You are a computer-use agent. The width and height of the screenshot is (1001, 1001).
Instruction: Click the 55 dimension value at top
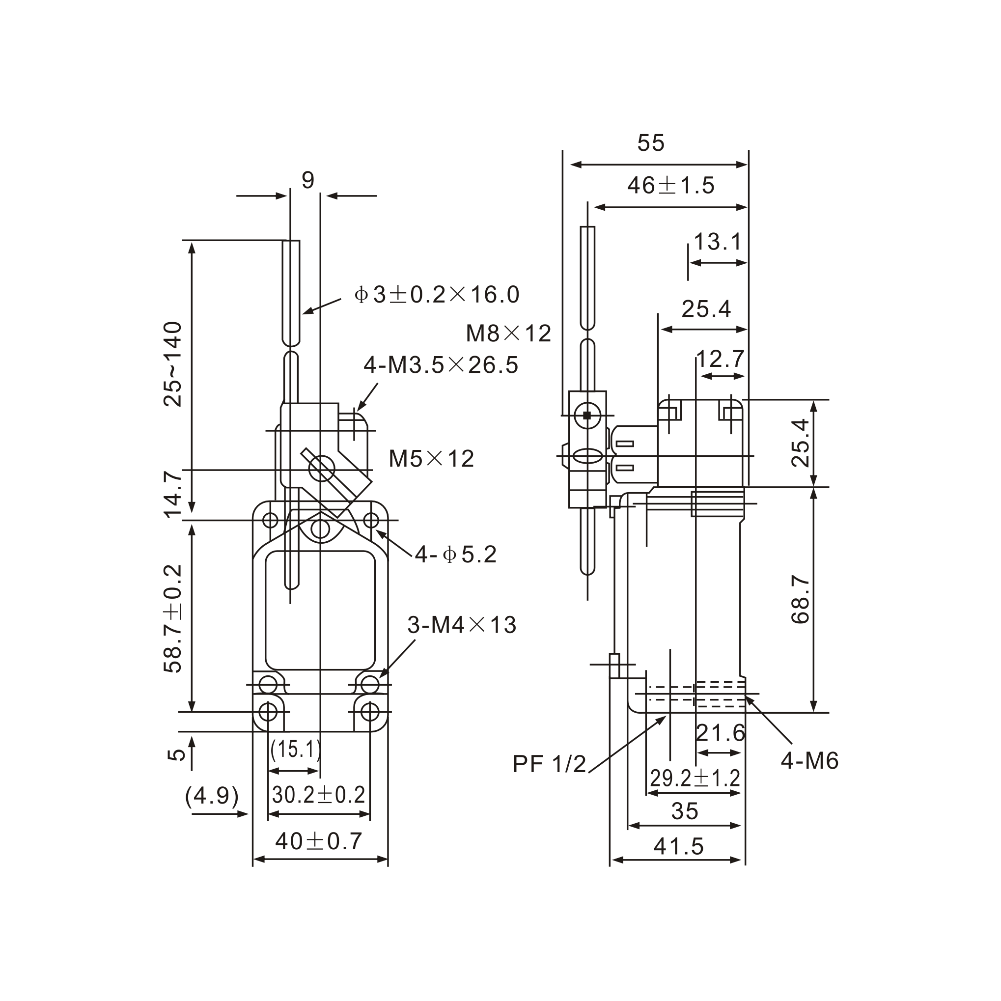650,143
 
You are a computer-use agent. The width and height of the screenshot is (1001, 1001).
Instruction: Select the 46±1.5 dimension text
670,186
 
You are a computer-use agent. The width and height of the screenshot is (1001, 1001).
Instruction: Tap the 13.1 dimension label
718,242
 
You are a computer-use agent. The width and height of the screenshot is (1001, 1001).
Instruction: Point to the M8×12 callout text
508,334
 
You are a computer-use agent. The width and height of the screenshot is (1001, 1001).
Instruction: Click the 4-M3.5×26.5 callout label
441,365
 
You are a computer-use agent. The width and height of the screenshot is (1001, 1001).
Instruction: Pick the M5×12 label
431,459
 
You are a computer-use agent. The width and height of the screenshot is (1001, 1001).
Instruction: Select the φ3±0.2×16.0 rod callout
436,295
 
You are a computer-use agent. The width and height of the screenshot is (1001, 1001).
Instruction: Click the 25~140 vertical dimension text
173,364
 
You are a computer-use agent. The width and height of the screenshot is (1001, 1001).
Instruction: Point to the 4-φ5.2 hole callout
455,555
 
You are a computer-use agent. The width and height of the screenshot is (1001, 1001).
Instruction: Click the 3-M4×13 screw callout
462,625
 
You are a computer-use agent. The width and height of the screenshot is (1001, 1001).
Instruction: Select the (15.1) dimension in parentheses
296,749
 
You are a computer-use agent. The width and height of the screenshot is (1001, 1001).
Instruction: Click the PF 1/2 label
549,764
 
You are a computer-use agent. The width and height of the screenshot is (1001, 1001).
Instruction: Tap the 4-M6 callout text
809,761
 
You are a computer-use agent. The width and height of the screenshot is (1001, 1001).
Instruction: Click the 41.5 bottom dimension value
678,847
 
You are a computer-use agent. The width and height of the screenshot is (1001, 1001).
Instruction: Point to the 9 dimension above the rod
308,181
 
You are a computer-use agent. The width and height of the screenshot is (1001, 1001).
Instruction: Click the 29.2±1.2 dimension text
695,778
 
